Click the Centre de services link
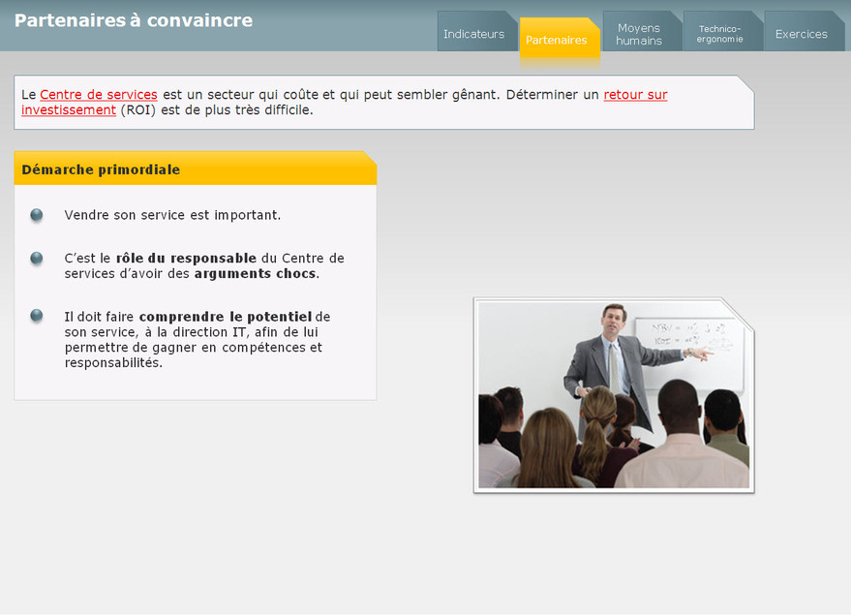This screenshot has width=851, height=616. [99, 95]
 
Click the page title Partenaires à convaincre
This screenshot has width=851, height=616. [134, 20]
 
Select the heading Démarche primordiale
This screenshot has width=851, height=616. [101, 169]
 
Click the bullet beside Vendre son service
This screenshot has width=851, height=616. [37, 215]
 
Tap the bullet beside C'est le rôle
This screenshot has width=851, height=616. [37, 259]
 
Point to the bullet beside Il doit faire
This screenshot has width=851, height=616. [37, 316]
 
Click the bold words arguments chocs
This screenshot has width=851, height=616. [255, 273]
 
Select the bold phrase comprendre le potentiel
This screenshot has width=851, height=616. [226, 317]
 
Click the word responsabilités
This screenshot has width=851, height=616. [112, 362]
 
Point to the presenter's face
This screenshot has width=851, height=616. [614, 322]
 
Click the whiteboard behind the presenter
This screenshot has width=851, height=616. [689, 353]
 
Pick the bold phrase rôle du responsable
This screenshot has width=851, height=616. [186, 259]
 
